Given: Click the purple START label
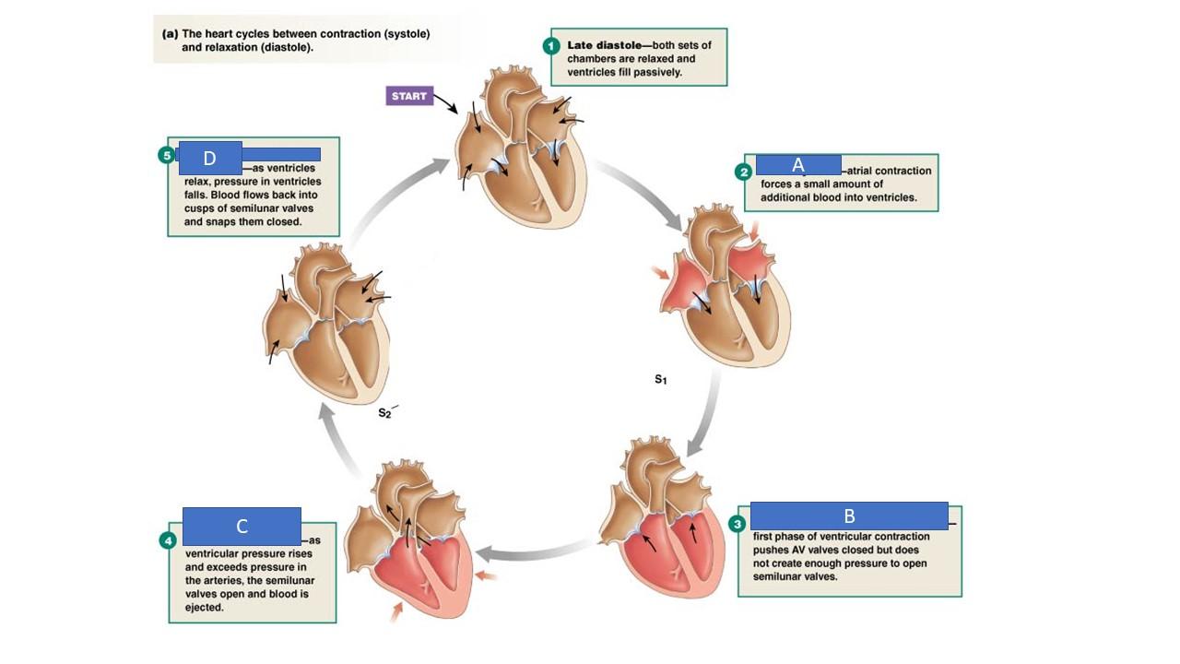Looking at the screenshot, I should click(x=409, y=96).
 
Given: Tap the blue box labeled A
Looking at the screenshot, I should click(x=798, y=165).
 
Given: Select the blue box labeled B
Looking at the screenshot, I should click(x=849, y=516).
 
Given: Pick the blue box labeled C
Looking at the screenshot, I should click(x=242, y=526).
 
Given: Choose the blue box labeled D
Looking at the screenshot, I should click(x=209, y=158).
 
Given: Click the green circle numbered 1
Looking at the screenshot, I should click(x=551, y=45).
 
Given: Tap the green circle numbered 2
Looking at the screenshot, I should click(x=743, y=172).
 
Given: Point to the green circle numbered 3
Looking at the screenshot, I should click(x=737, y=524).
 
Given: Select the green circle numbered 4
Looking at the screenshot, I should click(x=168, y=540).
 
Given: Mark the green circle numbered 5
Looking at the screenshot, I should click(x=166, y=155).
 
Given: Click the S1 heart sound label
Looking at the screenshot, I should click(x=660, y=379).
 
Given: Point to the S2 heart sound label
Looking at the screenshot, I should click(x=385, y=414).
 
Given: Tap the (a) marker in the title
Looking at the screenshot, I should click(x=170, y=33).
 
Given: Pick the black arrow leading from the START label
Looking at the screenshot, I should click(x=445, y=102).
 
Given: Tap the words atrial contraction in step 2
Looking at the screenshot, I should click(x=889, y=171).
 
